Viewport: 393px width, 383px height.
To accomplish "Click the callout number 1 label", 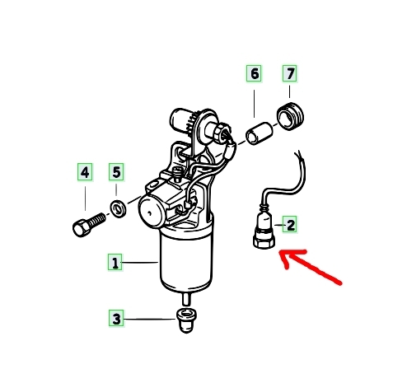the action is pyautogui.click(x=115, y=263).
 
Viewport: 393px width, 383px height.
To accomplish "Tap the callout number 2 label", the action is pyautogui.click(x=291, y=225).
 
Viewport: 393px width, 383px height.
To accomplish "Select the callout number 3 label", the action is pyautogui.click(x=116, y=319).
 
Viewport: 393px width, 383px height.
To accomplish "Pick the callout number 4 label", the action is pyautogui.click(x=85, y=172).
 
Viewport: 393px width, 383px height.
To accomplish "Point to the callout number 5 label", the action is pyautogui.click(x=116, y=172).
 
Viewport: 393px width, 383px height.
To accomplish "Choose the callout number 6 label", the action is pyautogui.click(x=254, y=73).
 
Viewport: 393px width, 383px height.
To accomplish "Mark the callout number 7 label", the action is pyautogui.click(x=290, y=73).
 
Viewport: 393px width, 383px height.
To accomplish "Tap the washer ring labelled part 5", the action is pyautogui.click(x=119, y=208).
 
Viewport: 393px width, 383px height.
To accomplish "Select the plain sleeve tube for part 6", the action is pyautogui.click(x=260, y=133).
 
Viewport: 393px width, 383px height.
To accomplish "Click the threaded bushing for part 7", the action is pyautogui.click(x=290, y=116).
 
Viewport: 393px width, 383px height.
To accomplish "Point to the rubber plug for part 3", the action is pyautogui.click(x=186, y=320).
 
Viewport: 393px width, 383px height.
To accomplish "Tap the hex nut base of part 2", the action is pyautogui.click(x=264, y=241).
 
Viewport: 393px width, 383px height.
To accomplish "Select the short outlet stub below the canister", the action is pyautogui.click(x=185, y=299).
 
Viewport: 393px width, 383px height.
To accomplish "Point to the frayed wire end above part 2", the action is pyautogui.click(x=298, y=153).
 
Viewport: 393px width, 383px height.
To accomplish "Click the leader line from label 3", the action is pyautogui.click(x=150, y=319).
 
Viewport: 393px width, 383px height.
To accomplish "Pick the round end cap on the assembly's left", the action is pyautogui.click(x=151, y=211).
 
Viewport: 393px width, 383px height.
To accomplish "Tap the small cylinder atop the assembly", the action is pyautogui.click(x=181, y=120).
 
